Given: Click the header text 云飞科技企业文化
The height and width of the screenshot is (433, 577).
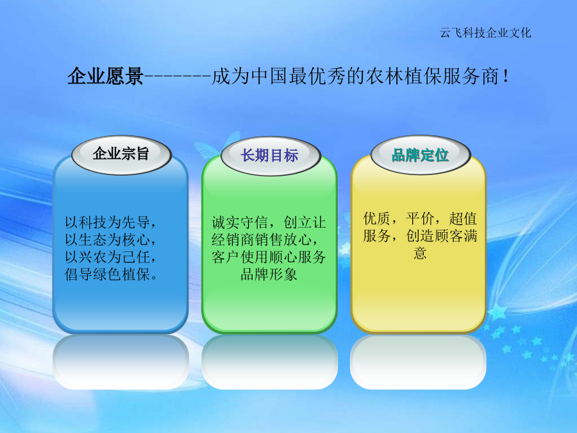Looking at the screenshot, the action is (x=485, y=33).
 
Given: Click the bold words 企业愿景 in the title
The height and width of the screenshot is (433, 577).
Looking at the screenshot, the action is (x=106, y=76).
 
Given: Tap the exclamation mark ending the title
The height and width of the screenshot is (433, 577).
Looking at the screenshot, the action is (x=506, y=76).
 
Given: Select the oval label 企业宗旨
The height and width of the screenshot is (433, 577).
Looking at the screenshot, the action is (x=121, y=155).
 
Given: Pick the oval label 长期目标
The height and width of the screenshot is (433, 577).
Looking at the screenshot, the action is (x=271, y=156).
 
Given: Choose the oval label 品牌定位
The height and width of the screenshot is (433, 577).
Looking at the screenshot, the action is (x=421, y=155).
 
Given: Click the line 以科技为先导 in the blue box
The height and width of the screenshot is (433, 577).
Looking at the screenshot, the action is (x=111, y=223).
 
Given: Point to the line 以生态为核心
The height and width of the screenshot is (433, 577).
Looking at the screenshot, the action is (x=111, y=240).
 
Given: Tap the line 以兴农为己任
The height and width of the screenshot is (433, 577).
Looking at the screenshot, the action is (x=111, y=257).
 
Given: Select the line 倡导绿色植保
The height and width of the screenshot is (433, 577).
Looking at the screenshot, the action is (x=111, y=275).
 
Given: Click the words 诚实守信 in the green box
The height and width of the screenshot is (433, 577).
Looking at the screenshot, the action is (x=240, y=223).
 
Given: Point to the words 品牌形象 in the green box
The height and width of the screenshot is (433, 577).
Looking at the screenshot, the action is (x=269, y=275).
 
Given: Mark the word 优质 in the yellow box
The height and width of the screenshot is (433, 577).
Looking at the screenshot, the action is (x=377, y=219).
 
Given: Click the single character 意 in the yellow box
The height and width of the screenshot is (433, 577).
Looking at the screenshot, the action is (x=420, y=253).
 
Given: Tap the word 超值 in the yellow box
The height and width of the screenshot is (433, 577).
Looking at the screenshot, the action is (x=463, y=219).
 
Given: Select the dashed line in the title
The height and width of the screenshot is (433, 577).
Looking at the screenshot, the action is (x=178, y=76).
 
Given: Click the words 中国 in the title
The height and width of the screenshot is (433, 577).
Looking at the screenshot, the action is (x=270, y=76).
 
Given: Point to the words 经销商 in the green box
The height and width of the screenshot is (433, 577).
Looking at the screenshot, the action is (x=233, y=240).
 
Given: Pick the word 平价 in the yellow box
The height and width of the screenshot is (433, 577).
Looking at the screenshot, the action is (x=420, y=219).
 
